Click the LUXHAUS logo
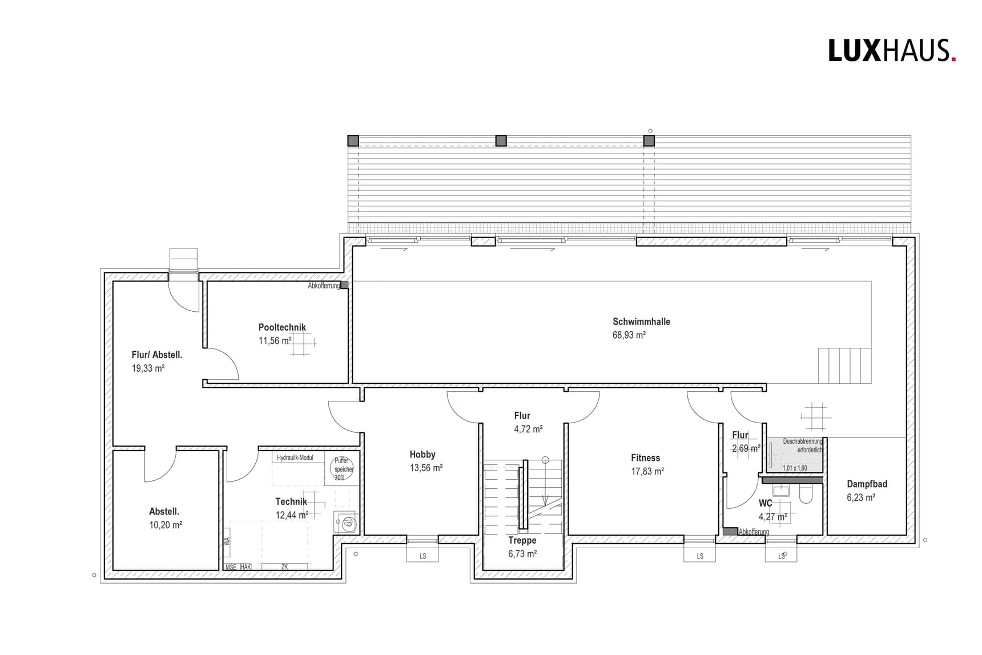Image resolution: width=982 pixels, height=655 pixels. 891,51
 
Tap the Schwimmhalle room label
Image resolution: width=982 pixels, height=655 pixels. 641,322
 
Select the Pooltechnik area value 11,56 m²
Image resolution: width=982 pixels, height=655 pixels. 275,341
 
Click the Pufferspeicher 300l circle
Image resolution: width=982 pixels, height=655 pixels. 342,469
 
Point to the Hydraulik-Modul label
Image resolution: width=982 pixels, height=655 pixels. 295,458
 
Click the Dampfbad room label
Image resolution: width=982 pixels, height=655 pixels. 867,484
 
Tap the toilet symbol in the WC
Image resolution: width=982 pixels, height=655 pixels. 806,494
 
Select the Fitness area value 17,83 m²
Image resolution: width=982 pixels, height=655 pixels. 647,472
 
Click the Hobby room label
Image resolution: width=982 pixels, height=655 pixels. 422,455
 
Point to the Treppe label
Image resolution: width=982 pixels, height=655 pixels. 522,540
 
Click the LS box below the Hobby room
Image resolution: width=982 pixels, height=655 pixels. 422,556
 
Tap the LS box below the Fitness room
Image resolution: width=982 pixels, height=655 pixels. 700,556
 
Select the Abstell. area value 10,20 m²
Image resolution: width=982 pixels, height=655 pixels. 166,525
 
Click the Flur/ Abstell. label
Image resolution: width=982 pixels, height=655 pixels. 157,355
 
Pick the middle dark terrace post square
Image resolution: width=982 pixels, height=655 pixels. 501,140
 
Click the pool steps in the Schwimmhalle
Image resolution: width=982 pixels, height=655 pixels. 844,365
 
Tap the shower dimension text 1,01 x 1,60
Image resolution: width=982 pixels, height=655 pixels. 795,468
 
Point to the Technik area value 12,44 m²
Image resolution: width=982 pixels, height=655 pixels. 292,515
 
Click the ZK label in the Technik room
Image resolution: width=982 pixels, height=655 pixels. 284,567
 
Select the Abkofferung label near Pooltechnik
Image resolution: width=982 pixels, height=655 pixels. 324,286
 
